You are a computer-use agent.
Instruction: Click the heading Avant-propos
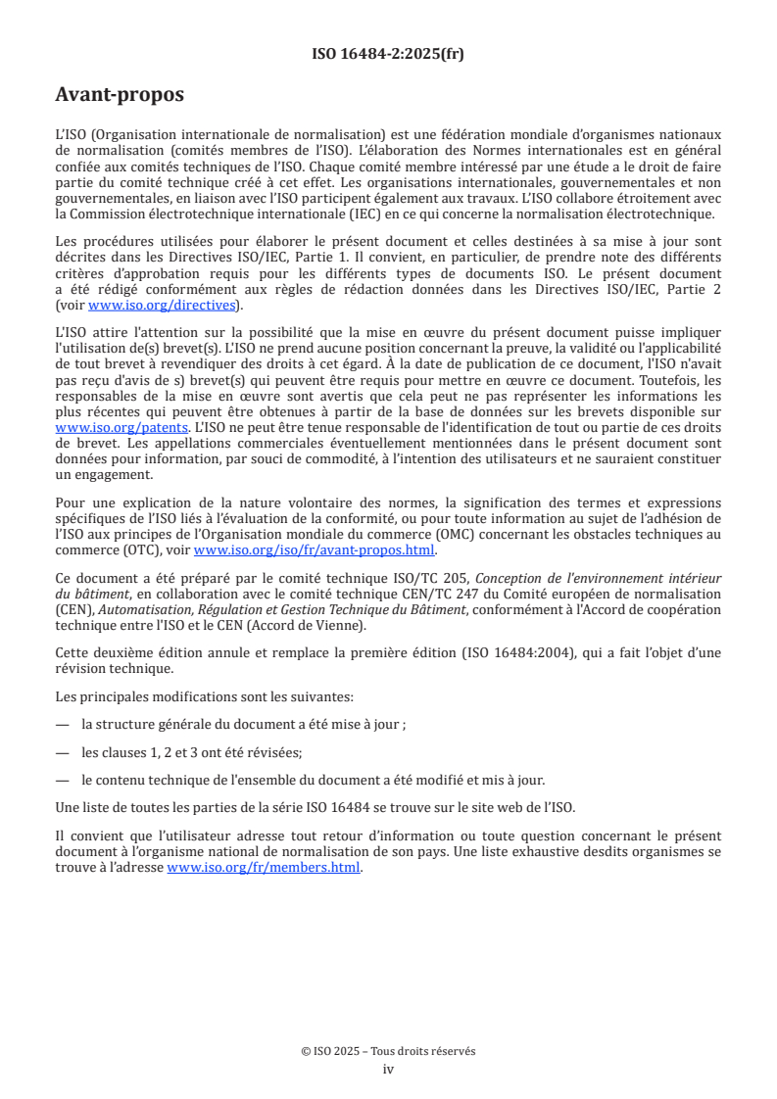[120, 95]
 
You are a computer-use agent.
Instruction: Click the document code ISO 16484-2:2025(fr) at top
[388, 54]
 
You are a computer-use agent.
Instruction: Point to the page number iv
[388, 1069]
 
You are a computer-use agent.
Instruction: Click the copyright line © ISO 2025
[388, 1051]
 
